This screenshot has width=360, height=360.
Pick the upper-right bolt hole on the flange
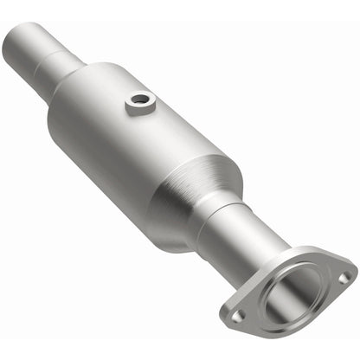click(344, 277)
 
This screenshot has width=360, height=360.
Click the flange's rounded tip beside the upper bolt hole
click(351, 275)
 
